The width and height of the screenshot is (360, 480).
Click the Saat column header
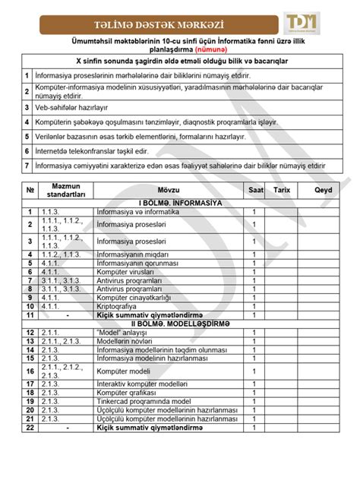pos(253,190)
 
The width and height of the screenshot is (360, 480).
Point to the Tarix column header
pos(283,190)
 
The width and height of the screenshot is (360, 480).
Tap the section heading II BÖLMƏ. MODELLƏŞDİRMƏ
pos(180,322)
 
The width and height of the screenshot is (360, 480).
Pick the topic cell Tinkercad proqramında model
pos(142,401)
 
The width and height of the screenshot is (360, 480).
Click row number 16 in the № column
pos(30,371)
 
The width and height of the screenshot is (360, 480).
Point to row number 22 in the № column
pos(30,428)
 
